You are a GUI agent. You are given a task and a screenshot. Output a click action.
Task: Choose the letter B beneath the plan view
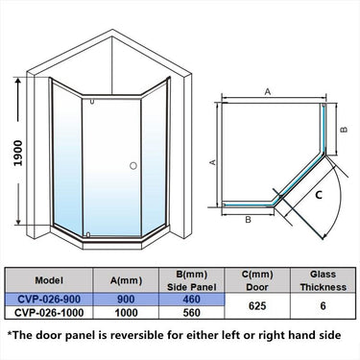coord(248,220)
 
